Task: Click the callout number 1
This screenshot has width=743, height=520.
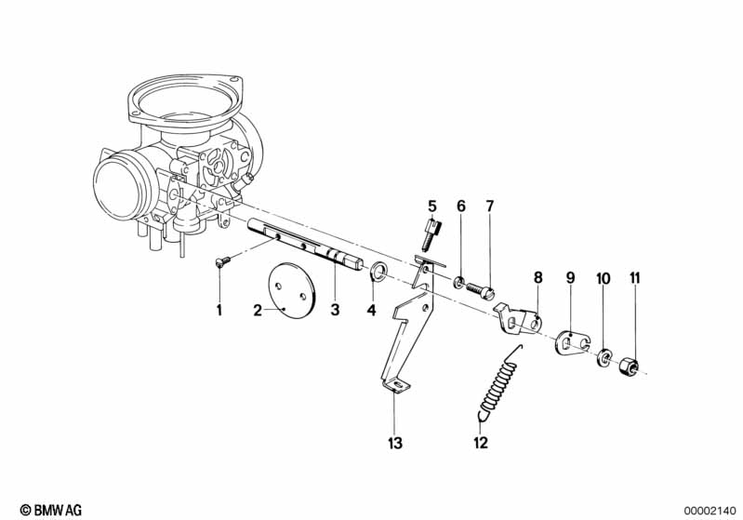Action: point(220,310)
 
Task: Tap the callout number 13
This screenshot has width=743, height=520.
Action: point(395,443)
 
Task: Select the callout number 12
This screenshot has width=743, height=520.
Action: point(480,443)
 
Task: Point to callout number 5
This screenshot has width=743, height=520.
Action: point(431,205)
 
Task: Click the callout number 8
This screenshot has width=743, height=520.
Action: point(537,276)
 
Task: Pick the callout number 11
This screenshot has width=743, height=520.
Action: point(635,277)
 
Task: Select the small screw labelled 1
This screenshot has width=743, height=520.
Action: point(221,262)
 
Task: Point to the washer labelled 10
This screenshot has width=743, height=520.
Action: point(604,354)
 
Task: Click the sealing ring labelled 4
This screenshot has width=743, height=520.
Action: point(378,273)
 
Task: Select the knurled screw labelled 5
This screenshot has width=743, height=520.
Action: point(430,233)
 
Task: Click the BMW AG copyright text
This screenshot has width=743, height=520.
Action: point(45,509)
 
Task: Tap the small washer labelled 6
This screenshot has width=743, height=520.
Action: point(459,282)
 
